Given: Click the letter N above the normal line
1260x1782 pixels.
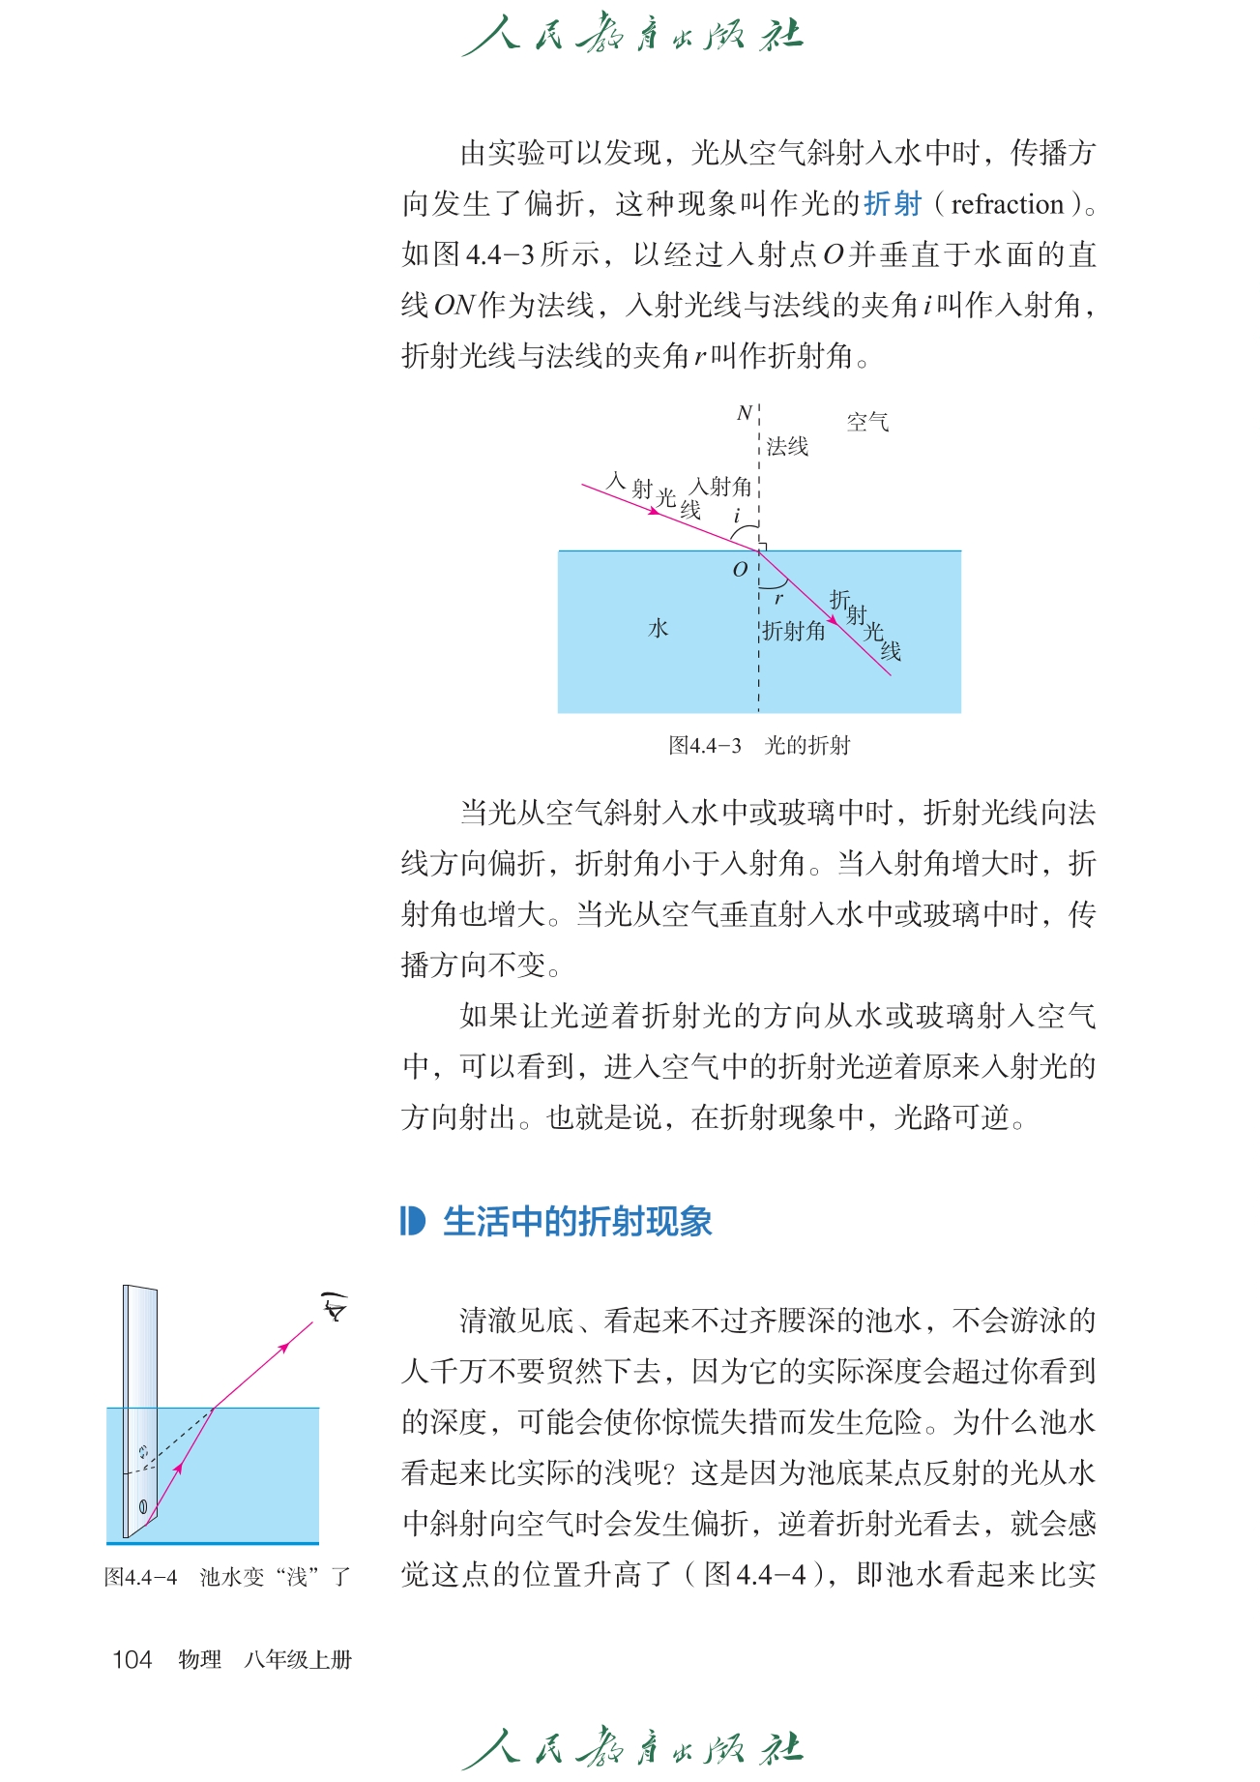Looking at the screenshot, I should click(x=744, y=414).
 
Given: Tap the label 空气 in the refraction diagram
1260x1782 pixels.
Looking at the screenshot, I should click(x=867, y=422).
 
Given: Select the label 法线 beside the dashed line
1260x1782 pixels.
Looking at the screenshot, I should click(x=787, y=446).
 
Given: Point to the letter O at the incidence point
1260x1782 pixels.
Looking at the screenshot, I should click(x=740, y=570).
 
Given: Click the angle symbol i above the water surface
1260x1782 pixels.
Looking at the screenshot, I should click(x=737, y=516).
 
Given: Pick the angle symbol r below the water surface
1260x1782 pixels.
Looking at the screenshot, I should click(x=778, y=599).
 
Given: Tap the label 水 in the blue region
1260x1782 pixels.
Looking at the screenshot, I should click(x=659, y=629).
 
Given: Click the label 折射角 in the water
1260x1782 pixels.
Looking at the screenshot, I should click(x=793, y=631).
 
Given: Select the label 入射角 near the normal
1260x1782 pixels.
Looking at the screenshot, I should click(x=721, y=487).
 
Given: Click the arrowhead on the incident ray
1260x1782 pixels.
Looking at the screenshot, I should click(x=654, y=511).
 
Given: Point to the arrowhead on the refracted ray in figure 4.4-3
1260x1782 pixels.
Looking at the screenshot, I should click(x=834, y=620).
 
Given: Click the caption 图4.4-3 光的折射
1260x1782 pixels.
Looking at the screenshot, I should click(x=758, y=746).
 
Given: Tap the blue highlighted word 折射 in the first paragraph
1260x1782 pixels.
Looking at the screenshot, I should click(x=893, y=204).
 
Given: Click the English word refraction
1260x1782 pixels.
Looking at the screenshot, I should click(x=1007, y=204).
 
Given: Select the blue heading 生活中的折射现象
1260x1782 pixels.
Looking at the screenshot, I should click(x=577, y=1222).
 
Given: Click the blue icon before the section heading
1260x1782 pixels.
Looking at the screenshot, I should click(x=412, y=1222).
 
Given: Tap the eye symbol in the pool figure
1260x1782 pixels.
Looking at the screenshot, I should click(x=335, y=1309).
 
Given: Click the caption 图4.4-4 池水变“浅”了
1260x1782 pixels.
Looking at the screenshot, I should click(x=226, y=1577).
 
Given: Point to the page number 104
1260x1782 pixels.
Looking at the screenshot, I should click(x=132, y=1660).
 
